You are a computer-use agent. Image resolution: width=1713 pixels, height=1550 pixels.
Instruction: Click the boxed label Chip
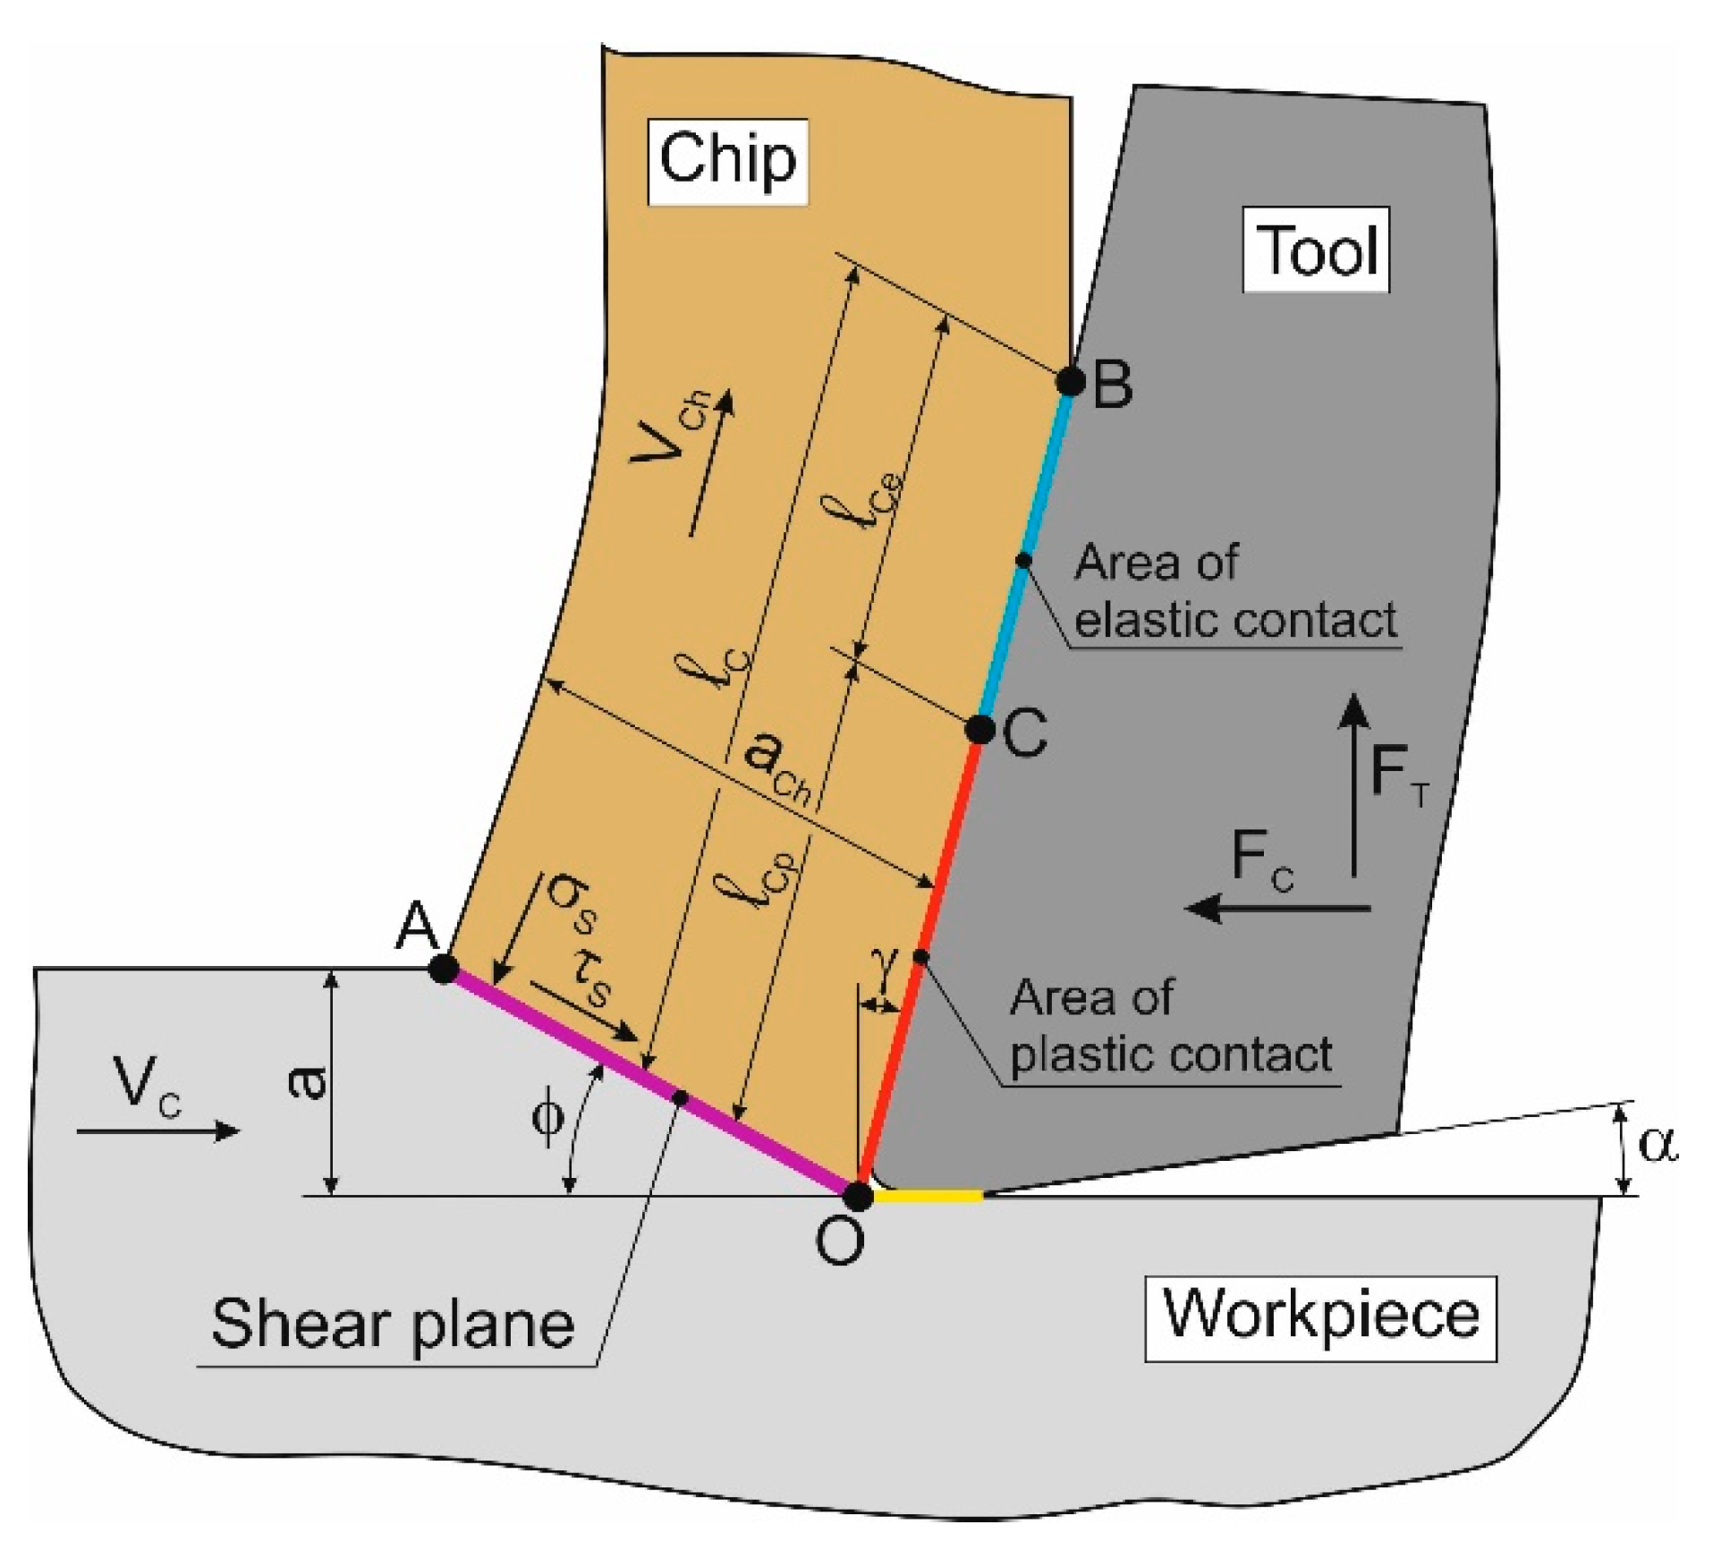click(x=727, y=161)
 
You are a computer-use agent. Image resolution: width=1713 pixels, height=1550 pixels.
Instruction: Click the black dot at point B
click(x=1070, y=381)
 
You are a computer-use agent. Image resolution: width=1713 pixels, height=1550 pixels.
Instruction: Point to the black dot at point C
click(x=980, y=729)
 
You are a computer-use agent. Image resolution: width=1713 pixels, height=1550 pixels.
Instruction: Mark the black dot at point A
click(x=444, y=969)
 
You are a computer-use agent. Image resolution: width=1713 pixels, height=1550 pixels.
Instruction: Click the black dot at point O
click(x=858, y=1196)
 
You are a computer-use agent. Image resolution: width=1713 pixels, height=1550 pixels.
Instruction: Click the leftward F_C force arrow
click(x=1279, y=909)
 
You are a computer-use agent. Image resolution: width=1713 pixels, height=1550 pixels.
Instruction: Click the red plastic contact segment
click(x=921, y=957)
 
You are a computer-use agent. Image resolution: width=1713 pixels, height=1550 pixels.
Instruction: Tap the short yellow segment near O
click(x=929, y=1195)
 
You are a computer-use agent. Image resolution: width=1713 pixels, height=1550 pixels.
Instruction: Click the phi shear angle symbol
click(x=547, y=1119)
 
